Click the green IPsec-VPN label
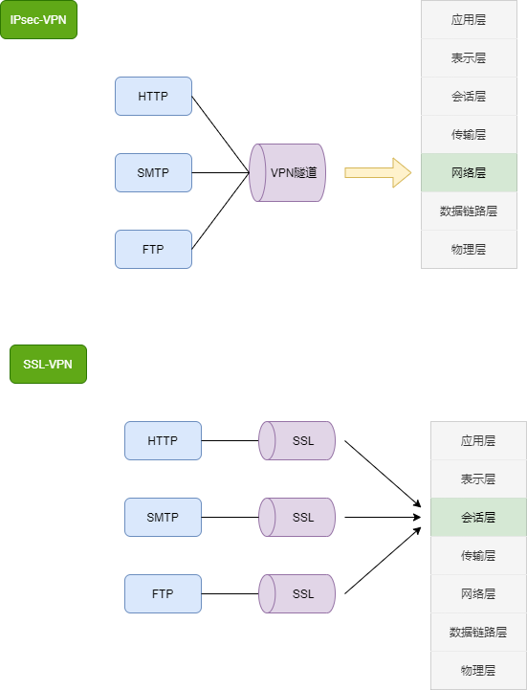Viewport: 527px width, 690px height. (x=38, y=19)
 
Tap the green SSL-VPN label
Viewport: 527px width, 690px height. (x=48, y=364)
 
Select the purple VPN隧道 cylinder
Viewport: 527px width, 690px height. (x=288, y=173)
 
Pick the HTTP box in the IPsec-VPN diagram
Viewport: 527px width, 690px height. (x=153, y=96)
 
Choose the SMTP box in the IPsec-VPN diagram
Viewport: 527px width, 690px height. (x=153, y=172)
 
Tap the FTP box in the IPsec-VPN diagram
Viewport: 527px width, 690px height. (x=153, y=249)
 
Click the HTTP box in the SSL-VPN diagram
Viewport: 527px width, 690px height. (x=163, y=440)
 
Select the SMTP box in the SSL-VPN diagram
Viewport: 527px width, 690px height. (x=163, y=517)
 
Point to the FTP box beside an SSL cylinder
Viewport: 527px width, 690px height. (x=163, y=593)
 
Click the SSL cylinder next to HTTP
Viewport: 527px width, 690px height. (x=297, y=440)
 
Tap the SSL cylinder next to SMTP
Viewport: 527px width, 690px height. (x=297, y=517)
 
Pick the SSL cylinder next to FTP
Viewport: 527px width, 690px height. (x=297, y=593)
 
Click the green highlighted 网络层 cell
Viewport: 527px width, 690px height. (x=469, y=172)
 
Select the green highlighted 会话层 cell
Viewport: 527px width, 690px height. (x=478, y=517)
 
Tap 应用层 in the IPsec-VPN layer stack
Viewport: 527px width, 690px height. (x=469, y=19)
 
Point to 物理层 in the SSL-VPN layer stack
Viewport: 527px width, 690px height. (x=478, y=670)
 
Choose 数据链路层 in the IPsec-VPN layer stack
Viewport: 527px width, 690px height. (x=469, y=211)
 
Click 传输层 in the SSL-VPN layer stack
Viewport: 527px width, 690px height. (x=478, y=555)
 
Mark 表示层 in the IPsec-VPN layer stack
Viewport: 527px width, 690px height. (x=469, y=57)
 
